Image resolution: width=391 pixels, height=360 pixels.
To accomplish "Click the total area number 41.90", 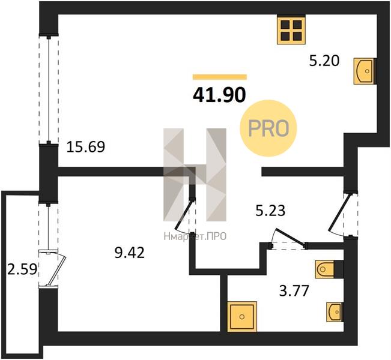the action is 219,95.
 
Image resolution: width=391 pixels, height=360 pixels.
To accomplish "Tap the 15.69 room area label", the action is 86,147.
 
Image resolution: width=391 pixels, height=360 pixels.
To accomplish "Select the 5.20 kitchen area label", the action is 324,61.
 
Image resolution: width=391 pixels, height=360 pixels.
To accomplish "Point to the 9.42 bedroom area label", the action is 129,253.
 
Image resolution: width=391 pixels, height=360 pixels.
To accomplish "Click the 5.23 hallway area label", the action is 270,211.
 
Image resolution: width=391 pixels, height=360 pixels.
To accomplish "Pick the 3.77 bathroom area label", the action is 294,291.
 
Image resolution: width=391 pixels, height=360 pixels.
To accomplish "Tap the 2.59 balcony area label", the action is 22,269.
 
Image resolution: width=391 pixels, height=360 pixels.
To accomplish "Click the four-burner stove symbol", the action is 291,31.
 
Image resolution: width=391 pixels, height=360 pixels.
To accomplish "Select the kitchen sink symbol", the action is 364,71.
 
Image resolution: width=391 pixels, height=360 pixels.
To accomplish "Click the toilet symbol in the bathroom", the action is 324,269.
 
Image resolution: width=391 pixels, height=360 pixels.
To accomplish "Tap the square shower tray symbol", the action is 242,317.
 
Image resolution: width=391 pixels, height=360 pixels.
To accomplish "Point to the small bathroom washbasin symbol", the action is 334,312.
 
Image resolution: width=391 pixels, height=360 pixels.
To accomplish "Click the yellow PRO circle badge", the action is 268,128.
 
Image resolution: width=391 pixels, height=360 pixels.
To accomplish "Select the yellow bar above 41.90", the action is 220,77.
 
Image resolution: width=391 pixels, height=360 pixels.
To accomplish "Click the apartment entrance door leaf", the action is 340,212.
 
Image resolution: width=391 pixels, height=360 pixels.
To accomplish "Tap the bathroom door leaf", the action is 290,236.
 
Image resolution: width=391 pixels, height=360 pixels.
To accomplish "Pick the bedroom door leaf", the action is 184,215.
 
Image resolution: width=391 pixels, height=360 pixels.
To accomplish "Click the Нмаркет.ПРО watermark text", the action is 195,236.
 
